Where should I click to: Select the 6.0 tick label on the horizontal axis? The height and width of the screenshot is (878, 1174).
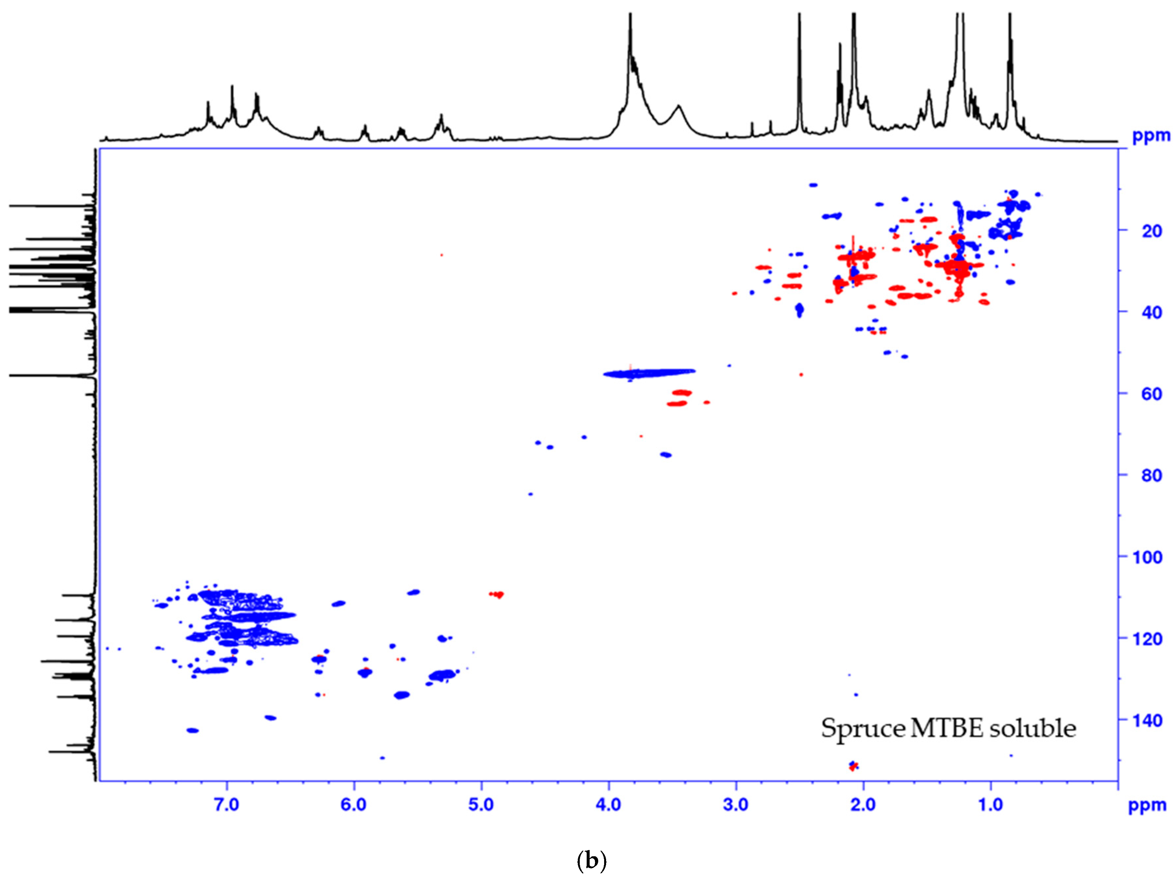pos(354,805)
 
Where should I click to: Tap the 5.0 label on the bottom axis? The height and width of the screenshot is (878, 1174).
pos(481,805)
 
